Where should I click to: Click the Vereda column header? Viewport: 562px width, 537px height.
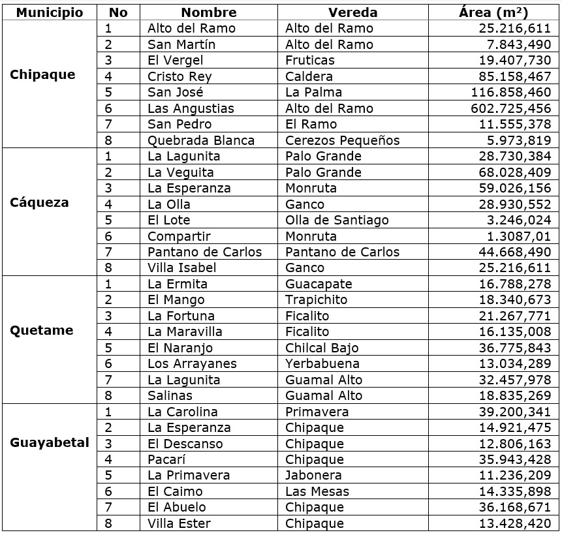pos(352,12)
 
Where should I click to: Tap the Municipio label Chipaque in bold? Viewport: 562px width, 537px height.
pos(43,75)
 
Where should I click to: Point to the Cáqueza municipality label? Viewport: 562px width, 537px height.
pos(39,203)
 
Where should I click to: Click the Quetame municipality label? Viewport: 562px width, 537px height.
pos(42,331)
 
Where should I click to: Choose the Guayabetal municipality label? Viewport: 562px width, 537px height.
pos(50,443)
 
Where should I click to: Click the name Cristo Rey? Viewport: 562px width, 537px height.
pos(180,76)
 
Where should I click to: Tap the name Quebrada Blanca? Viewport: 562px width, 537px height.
pos(201,140)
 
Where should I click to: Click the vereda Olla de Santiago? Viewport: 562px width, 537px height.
pos(337,220)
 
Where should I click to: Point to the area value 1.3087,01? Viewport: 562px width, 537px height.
pos(520,236)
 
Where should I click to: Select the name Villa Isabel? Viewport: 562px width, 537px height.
pos(181,268)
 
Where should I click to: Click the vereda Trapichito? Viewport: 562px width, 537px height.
pos(316,300)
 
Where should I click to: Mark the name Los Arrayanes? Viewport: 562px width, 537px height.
pos(192,364)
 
